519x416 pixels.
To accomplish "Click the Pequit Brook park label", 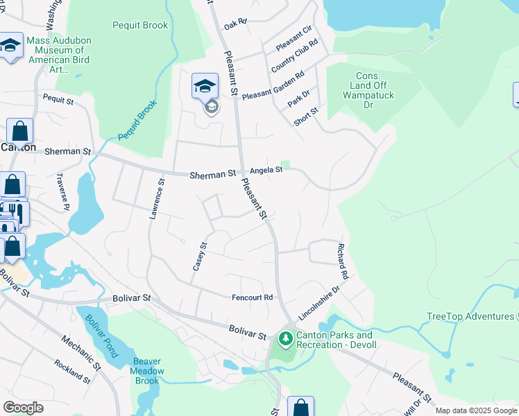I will point(140,26).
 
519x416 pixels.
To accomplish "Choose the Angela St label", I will point(266,170).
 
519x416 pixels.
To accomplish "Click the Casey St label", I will point(200,256).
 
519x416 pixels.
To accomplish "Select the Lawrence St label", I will point(157,199).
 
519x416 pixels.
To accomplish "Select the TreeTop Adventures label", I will point(470,317).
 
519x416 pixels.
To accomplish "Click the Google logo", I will point(23,408).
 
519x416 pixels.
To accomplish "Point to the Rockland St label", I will point(72,372).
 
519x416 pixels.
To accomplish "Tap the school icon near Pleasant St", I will point(205,87).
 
